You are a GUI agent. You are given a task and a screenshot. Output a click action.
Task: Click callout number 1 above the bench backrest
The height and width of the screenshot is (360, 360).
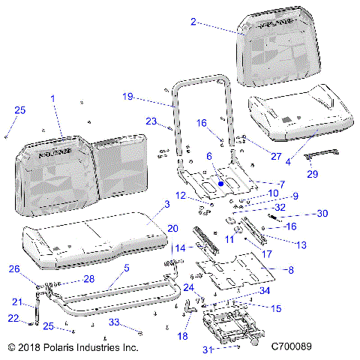pos(52,98)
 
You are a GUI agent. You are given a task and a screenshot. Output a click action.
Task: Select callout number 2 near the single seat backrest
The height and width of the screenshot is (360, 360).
pos(193,22)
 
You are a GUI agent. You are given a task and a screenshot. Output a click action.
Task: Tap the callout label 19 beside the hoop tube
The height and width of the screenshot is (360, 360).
pos(127,96)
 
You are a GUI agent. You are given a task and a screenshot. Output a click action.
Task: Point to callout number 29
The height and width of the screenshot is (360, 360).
pos(313,174)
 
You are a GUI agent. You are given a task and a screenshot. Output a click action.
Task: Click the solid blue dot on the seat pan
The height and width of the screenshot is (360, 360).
pos(221,181)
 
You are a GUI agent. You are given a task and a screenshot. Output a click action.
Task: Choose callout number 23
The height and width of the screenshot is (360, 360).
pos(151,121)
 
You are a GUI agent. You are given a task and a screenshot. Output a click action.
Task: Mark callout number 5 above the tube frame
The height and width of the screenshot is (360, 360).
pos(126,267)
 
